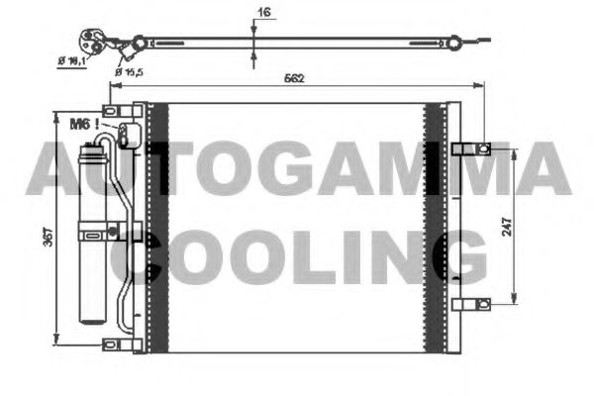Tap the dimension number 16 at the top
pyautogui.click(x=262, y=13)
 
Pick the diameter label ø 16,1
pyautogui.click(x=73, y=61)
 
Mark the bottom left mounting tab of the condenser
pyautogui.click(x=117, y=345)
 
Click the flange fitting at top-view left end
pyautogui.click(x=97, y=42)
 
